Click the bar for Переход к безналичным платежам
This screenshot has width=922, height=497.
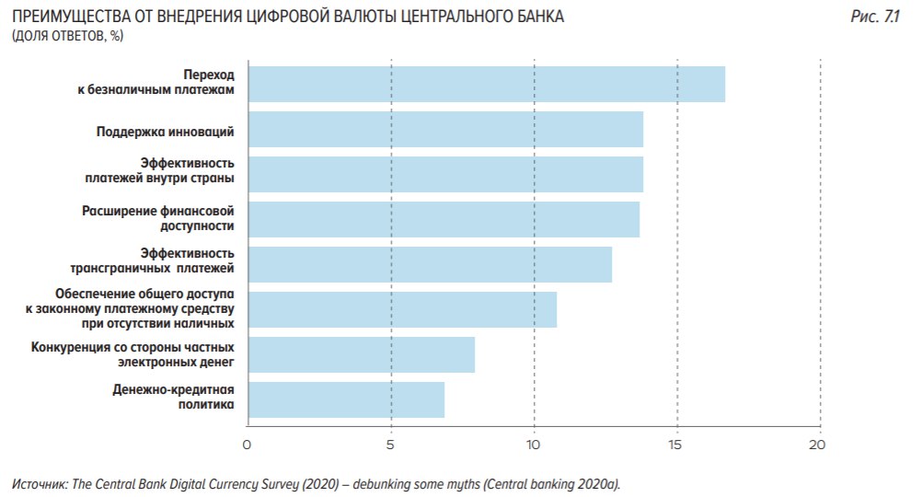(486, 84)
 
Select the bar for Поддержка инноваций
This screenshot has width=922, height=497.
(444, 130)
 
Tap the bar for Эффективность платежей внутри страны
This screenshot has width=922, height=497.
(444, 174)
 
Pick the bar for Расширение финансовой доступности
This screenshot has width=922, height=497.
(443, 219)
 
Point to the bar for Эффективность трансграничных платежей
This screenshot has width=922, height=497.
(429, 264)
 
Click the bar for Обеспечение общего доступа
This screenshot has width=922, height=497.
(401, 309)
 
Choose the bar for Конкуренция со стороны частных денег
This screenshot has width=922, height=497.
(361, 354)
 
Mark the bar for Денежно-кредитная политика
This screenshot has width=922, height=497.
(345, 399)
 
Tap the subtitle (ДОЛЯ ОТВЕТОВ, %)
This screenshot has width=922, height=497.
(67, 36)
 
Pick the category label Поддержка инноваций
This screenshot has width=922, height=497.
(166, 131)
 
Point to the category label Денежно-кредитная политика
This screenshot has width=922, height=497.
(174, 397)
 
